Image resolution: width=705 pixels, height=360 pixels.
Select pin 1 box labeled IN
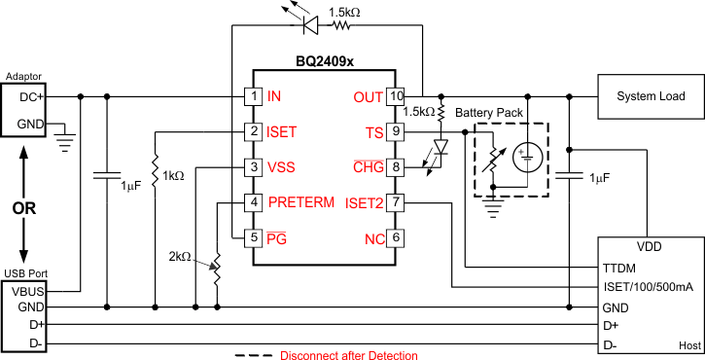click(x=253, y=96)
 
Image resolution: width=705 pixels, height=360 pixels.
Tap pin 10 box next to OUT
click(x=396, y=96)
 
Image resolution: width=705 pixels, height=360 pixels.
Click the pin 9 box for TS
click(x=396, y=130)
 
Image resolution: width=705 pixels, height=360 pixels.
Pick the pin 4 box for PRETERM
click(x=253, y=202)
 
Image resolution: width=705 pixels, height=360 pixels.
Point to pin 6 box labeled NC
click(x=396, y=237)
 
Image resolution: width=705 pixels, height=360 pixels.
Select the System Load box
click(x=651, y=96)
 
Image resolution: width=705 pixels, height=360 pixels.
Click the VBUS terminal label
click(x=30, y=290)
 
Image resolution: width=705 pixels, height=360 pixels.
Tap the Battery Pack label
click(x=488, y=113)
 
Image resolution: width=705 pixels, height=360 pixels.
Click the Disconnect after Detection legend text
click(x=349, y=355)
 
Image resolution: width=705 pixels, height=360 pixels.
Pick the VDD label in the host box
click(x=650, y=247)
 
